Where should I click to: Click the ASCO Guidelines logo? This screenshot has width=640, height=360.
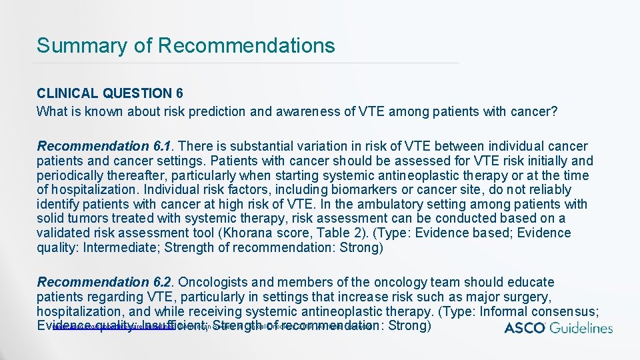point(558,327)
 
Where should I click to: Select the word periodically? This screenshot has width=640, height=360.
point(75,175)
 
